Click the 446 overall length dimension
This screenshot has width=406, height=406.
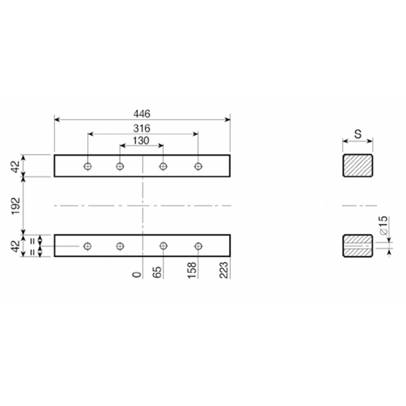pos(142,114)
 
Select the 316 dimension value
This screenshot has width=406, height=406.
pos(142,128)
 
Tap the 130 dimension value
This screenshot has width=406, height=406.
pos(141,141)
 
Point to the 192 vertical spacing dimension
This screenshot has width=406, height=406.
pos(16,206)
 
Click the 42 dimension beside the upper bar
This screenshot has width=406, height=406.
pos(16,166)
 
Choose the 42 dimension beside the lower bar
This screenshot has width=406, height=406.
pos(16,246)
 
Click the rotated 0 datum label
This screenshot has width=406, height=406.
pos(137,275)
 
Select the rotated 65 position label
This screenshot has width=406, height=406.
pos(157,273)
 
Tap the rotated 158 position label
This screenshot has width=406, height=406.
pos(192,270)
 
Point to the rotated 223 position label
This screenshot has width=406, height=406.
pos(224,270)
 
